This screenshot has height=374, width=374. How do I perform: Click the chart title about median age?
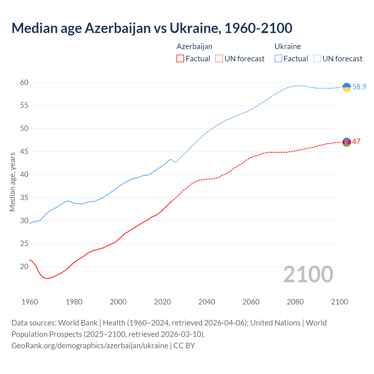coord(152,28)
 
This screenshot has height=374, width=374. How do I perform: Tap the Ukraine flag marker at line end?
coord(347,87)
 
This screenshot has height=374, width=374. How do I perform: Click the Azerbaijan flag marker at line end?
coord(347,142)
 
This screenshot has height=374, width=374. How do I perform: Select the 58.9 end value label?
coord(359,87)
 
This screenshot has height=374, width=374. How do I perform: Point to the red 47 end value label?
coord(356,142)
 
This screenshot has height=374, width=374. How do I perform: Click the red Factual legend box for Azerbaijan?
coord(180,59)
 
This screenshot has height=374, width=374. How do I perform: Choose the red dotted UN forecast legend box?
coord(219,59)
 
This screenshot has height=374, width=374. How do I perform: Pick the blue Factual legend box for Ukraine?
coord(278,59)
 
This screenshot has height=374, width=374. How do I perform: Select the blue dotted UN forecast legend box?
coord(317,59)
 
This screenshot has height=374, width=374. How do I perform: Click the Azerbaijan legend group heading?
coord(194,46)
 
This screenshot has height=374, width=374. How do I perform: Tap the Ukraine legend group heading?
coord(288,46)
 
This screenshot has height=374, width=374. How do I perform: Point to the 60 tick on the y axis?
coord(24,83)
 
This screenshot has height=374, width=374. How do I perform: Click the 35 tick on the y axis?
coord(24,198)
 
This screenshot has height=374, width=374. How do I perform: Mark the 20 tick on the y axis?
coord(24,267)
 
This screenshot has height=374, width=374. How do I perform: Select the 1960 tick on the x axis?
coord(30,302)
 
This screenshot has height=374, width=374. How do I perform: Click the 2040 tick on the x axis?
coord(207,302)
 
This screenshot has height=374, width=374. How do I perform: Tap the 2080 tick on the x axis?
coord(295,302)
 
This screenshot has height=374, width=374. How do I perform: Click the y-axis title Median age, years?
coord(12,182)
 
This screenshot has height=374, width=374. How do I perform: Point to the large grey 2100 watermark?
coord(308,274)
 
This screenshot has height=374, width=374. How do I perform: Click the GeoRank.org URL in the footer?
coord(90,346)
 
